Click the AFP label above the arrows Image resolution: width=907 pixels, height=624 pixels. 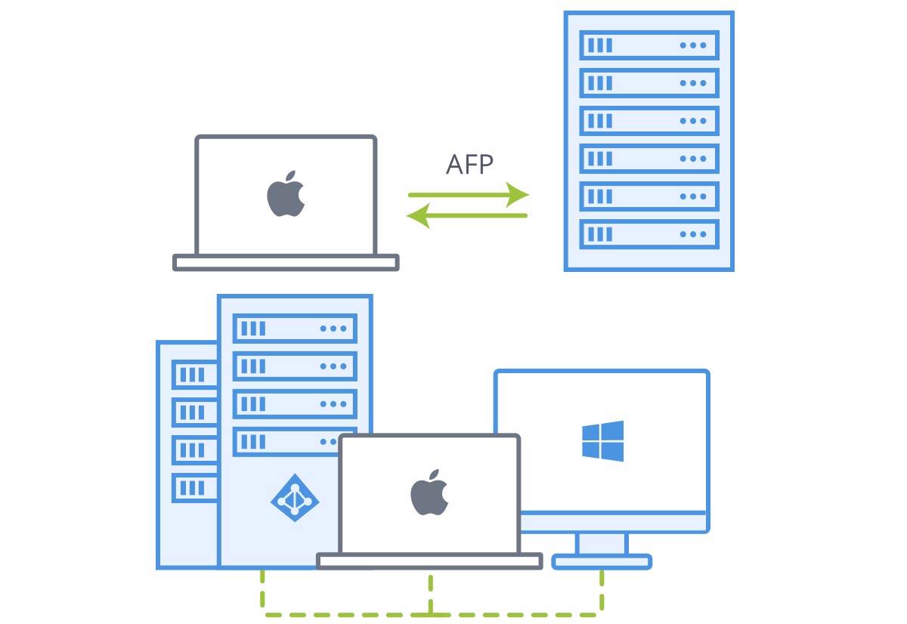pyautogui.click(x=469, y=165)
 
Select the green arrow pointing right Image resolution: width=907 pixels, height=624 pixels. pyautogui.click(x=469, y=195)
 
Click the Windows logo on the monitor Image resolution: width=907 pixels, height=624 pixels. pyautogui.click(x=602, y=441)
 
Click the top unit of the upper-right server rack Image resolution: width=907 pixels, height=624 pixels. pyautogui.click(x=649, y=45)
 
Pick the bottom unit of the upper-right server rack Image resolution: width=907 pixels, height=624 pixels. pyautogui.click(x=649, y=233)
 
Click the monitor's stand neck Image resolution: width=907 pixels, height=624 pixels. pyautogui.click(x=602, y=543)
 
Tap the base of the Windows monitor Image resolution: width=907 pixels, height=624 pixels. pyautogui.click(x=602, y=562)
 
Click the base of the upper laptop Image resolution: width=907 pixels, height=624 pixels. pyautogui.click(x=286, y=262)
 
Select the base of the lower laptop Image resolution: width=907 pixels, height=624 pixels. pyautogui.click(x=429, y=561)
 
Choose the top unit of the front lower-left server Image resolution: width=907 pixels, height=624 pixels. pyautogui.click(x=295, y=329)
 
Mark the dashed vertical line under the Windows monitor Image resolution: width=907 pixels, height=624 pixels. pyautogui.click(x=602, y=589)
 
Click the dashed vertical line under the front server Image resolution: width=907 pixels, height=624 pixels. pyautogui.click(x=262, y=589)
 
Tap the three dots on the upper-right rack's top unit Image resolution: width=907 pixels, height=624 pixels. pyautogui.click(x=692, y=45)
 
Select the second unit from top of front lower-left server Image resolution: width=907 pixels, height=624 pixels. pyautogui.click(x=295, y=366)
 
